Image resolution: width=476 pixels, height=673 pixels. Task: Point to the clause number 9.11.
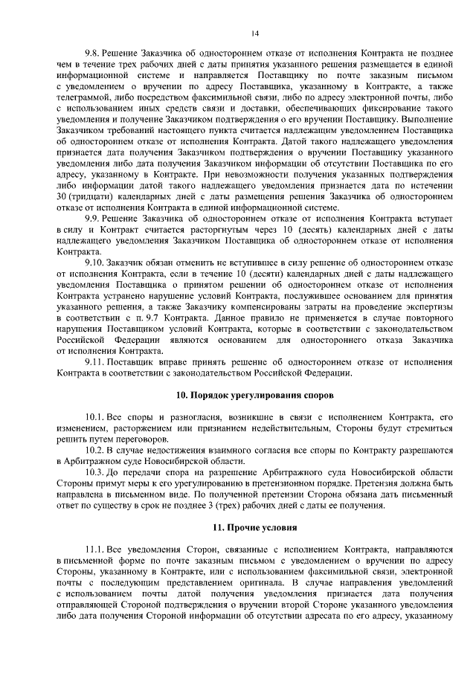pos(96,361)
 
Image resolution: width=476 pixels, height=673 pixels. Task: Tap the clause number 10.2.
pos(96,451)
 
